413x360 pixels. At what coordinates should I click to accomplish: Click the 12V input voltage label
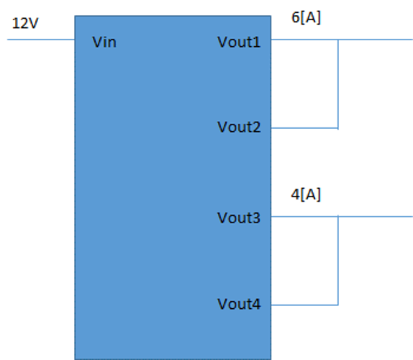[x=25, y=23]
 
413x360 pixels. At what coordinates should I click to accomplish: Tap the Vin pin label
[x=104, y=42]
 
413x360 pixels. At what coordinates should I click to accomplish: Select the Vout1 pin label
[x=239, y=42]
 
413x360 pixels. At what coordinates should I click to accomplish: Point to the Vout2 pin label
[x=239, y=127]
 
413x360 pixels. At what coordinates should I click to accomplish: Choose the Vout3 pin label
[x=239, y=218]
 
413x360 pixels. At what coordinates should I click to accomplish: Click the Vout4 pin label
[x=239, y=304]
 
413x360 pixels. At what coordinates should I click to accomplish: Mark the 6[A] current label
[x=306, y=18]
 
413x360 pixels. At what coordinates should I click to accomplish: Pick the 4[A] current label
[x=306, y=195]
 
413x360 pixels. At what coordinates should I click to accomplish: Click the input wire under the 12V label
[x=41, y=40]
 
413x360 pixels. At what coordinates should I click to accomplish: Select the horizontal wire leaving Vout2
[x=304, y=128]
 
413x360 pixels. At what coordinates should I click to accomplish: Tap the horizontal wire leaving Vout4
[x=304, y=305]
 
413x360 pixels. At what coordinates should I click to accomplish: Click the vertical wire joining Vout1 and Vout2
[x=338, y=84]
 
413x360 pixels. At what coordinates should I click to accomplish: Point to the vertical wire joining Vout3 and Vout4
[x=338, y=261]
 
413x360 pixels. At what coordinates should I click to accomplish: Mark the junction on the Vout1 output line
[x=338, y=40]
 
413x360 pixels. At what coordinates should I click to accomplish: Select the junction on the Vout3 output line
[x=338, y=217]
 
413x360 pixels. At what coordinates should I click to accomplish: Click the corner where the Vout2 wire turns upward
[x=338, y=128]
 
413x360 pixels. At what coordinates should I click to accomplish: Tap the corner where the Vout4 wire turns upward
[x=338, y=305]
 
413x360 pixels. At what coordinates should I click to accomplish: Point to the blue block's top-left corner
[x=75, y=16]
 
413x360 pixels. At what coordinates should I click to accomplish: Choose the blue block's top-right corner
[x=271, y=16]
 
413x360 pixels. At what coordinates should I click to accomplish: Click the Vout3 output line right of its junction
[x=376, y=217]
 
